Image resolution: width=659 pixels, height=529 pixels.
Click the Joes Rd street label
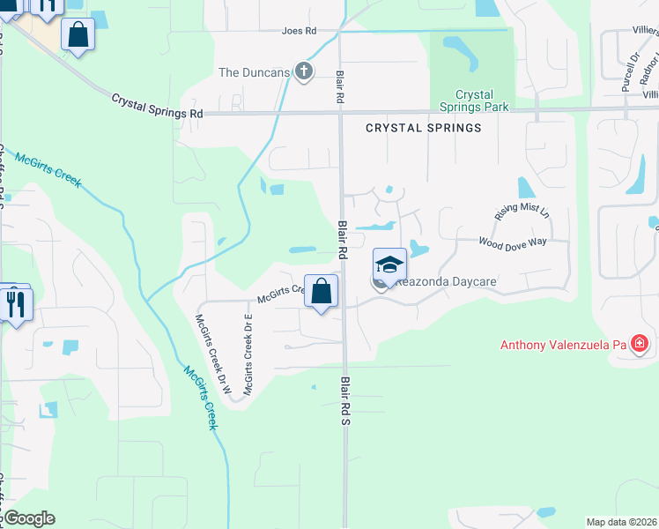(299, 31)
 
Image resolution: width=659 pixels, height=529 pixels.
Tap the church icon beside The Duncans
(304, 71)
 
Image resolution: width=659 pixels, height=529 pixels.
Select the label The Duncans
(254, 72)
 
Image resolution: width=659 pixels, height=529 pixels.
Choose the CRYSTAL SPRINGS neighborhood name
(424, 128)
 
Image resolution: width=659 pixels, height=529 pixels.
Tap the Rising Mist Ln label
(522, 211)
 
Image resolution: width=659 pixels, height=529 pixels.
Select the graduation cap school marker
(390, 264)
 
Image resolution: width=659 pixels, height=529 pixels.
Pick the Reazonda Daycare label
(436, 282)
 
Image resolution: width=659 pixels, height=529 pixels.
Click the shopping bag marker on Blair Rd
(322, 290)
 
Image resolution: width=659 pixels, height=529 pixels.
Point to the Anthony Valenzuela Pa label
(563, 345)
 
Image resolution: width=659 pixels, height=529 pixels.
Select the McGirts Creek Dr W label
(214, 354)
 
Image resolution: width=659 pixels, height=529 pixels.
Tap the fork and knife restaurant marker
(17, 304)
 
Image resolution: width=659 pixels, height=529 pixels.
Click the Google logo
(28, 518)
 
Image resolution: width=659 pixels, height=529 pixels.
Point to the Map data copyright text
(621, 522)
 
